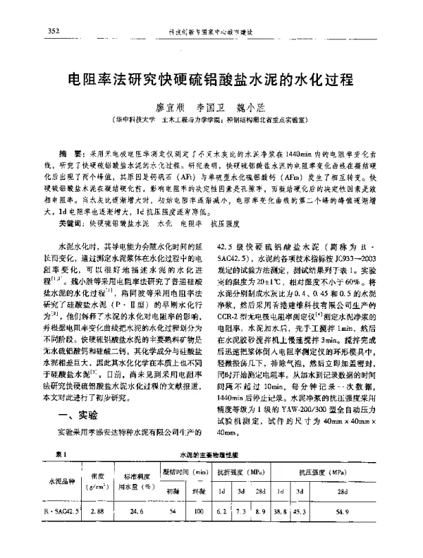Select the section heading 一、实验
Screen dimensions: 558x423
pyautogui.click(x=77, y=414)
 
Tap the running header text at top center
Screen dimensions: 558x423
pyautogui.click(x=211, y=32)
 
